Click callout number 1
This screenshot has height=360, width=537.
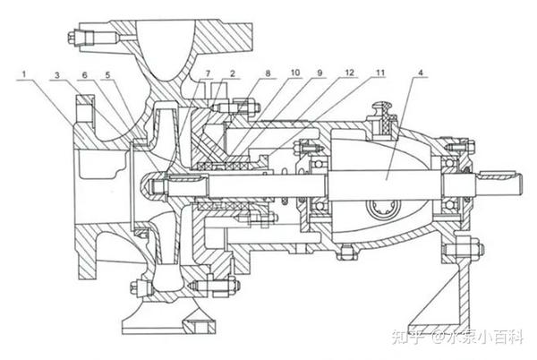click(x=28, y=71)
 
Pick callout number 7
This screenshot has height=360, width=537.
click(x=209, y=71)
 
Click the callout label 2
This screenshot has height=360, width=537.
click(x=232, y=71)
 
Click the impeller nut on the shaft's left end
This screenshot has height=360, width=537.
click(x=151, y=188)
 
